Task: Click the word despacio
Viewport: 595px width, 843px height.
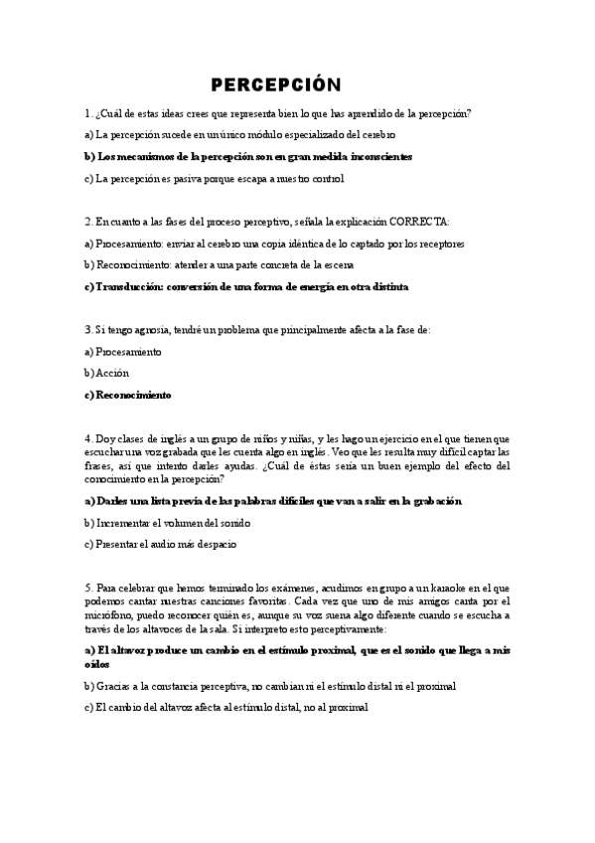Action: click(x=212, y=545)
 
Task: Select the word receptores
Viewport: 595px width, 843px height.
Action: click(x=438, y=243)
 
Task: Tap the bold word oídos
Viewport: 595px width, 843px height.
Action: click(x=97, y=663)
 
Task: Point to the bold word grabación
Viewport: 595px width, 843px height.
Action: click(x=434, y=501)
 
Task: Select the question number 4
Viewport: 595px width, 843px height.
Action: click(x=87, y=438)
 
